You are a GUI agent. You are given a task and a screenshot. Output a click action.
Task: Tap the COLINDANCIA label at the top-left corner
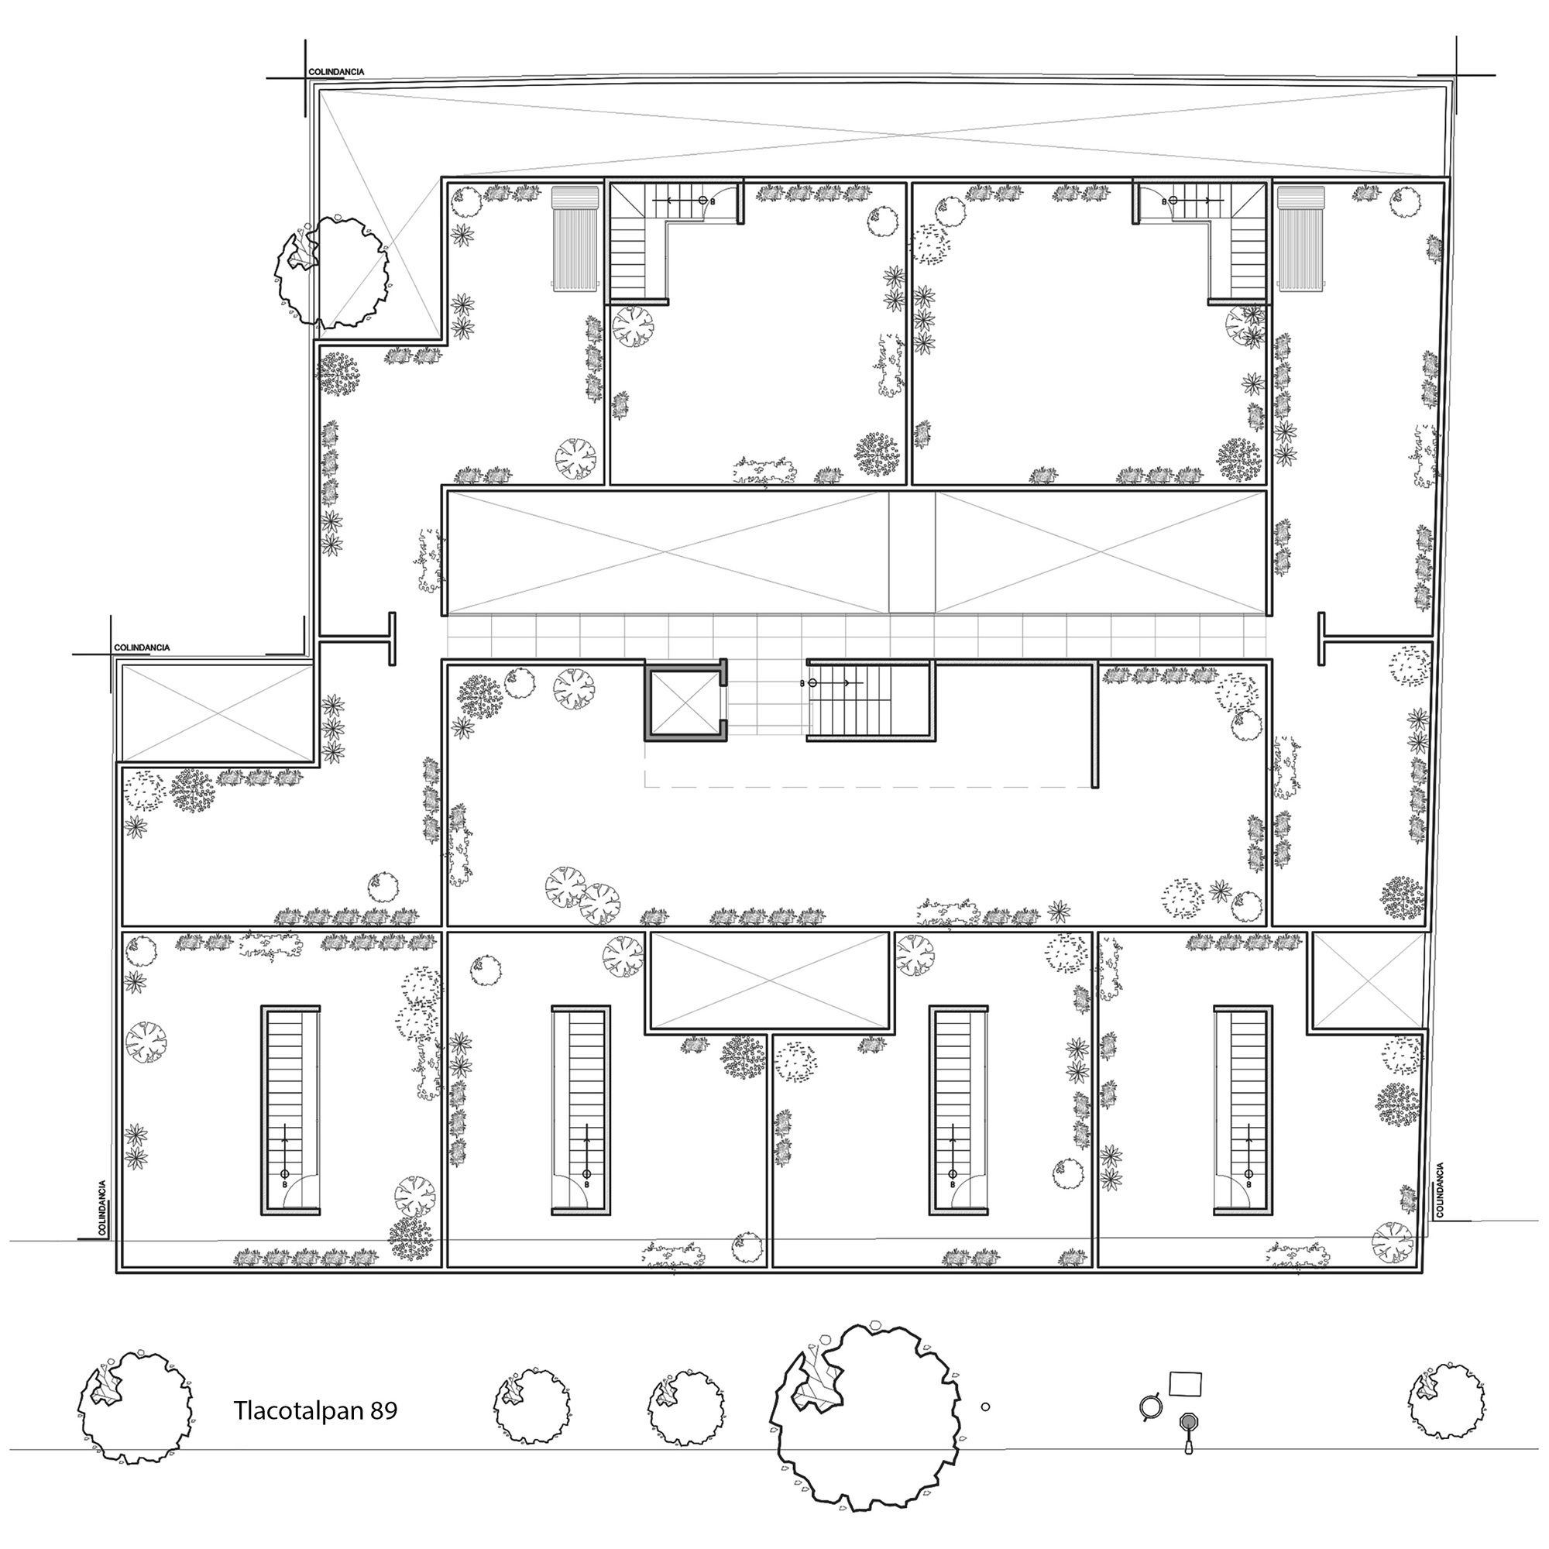pyautogui.click(x=336, y=72)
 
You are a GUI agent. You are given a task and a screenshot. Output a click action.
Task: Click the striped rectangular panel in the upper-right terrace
pyautogui.click(x=1302, y=238)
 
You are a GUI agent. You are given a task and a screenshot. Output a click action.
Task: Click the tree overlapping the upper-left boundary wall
pyautogui.click(x=332, y=270)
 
